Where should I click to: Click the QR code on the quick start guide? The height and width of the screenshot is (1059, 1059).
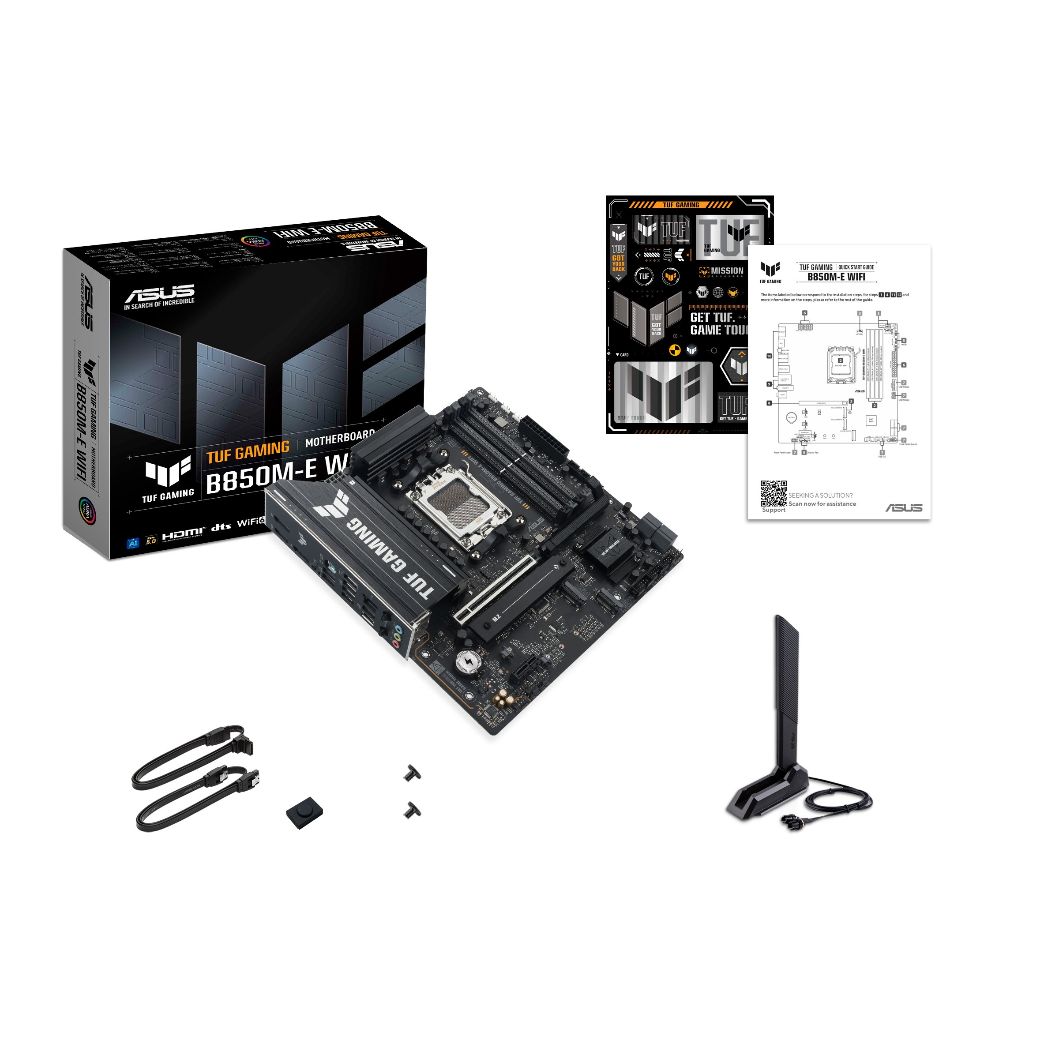tap(773, 493)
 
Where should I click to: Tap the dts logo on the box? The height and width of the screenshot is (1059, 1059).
tap(221, 527)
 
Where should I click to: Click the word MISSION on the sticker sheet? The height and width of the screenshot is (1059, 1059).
tap(727, 271)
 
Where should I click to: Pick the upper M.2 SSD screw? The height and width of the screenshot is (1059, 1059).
tap(412, 773)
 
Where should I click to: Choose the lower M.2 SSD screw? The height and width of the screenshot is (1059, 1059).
tap(412, 810)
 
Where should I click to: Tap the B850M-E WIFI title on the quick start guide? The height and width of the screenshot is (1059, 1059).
tap(836, 277)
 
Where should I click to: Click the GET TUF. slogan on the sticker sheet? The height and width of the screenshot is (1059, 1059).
tap(712, 317)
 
